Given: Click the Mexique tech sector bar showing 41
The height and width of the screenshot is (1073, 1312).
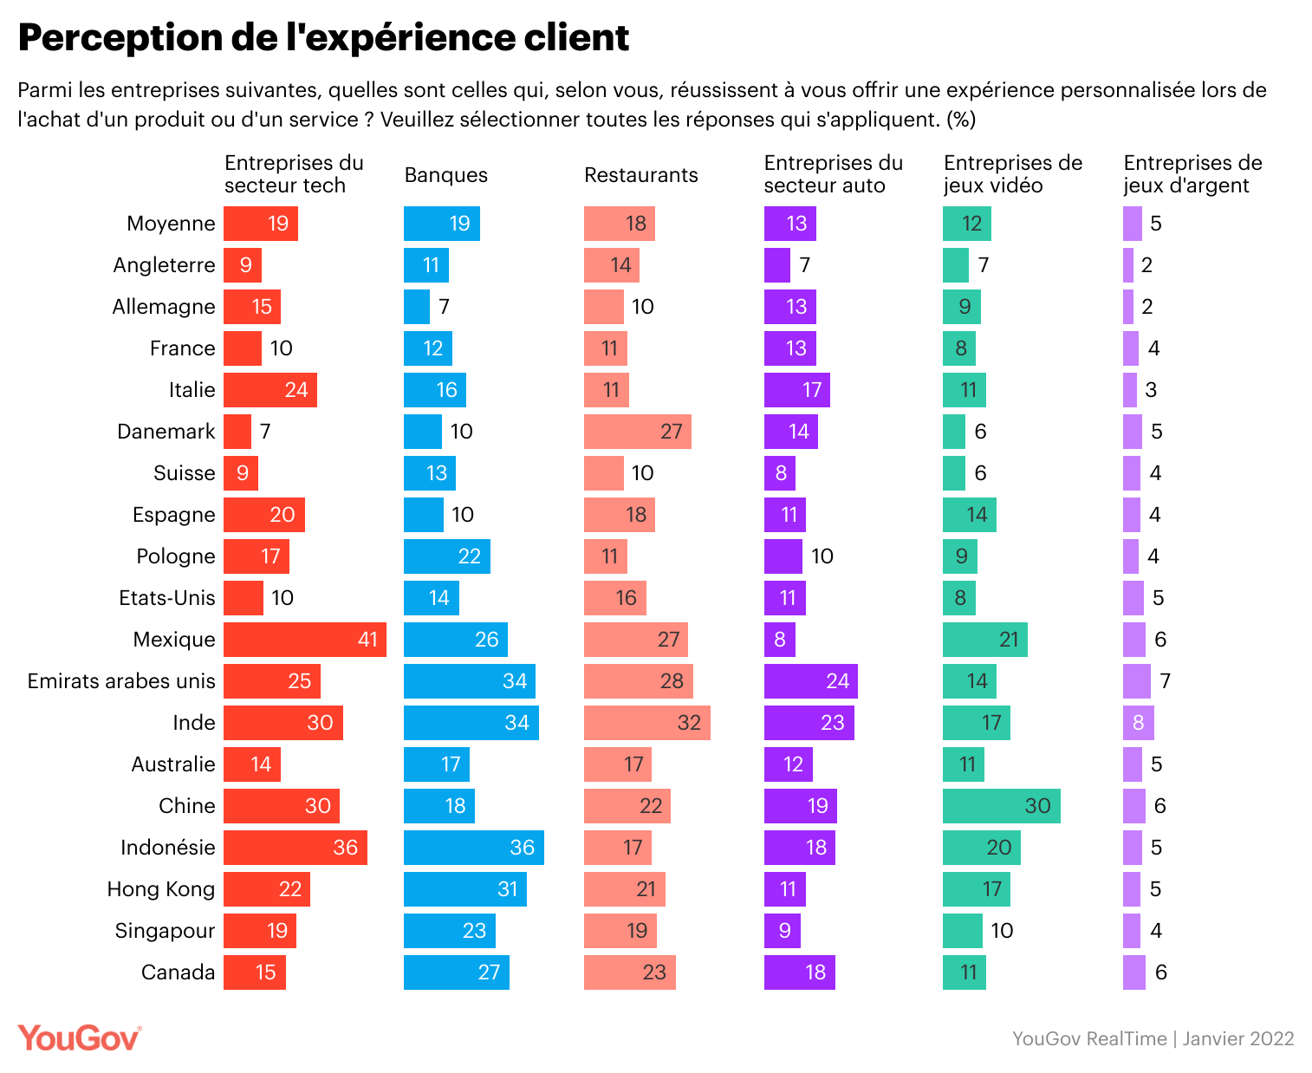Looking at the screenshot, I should point(304,640).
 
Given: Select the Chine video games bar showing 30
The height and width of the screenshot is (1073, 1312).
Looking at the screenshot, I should point(1001,806).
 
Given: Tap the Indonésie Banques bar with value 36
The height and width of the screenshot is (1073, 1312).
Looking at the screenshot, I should point(473,848).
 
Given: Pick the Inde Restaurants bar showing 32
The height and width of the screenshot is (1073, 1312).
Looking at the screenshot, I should point(646,723).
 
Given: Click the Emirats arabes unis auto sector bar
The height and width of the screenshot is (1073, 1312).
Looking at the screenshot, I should point(810,681).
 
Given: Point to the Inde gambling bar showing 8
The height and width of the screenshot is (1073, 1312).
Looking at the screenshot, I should point(1138,723).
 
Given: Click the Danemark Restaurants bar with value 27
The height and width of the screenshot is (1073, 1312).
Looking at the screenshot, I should point(637,432).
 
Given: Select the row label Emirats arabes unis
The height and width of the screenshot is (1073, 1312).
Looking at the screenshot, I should point(121,681).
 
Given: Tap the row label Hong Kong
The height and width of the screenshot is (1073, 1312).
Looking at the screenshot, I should point(160,889).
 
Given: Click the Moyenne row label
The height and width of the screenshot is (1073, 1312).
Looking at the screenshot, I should point(171,224).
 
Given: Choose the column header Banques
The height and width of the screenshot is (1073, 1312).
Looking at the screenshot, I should point(445,175).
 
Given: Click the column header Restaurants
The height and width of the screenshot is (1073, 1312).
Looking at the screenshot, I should point(640,175).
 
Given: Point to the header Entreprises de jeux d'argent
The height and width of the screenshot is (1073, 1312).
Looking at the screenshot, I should point(1192,174).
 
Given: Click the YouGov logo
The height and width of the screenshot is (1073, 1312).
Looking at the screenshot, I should point(79,1038).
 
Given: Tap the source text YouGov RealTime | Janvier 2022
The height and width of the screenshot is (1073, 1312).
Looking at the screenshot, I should point(1153,1038).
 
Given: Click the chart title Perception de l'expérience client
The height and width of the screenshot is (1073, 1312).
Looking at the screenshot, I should point(323,37).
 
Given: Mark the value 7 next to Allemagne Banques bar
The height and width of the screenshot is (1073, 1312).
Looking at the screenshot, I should point(444,307).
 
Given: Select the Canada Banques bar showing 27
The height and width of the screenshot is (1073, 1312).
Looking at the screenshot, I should point(456,972).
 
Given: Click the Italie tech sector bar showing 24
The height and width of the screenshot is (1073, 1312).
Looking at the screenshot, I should point(270,390).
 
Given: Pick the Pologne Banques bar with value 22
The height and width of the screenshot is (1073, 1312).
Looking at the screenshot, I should point(446,556).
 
